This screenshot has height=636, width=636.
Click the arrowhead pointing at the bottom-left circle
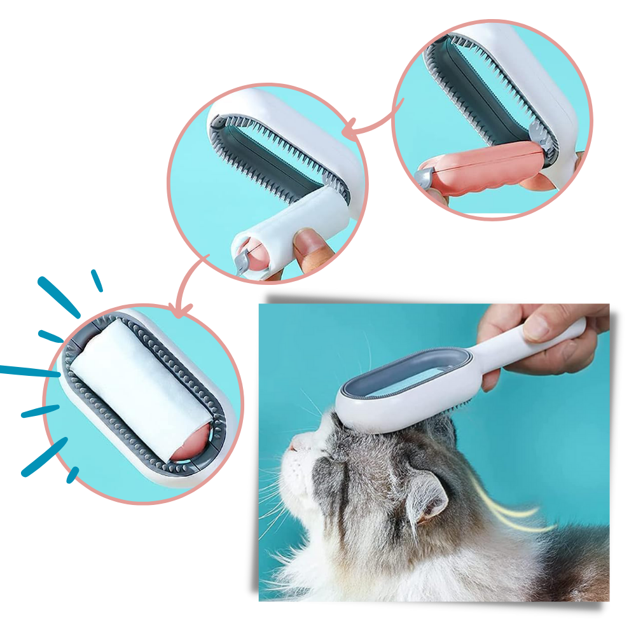tap(183, 310)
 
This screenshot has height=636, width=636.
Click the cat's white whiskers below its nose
tap(273, 502)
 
